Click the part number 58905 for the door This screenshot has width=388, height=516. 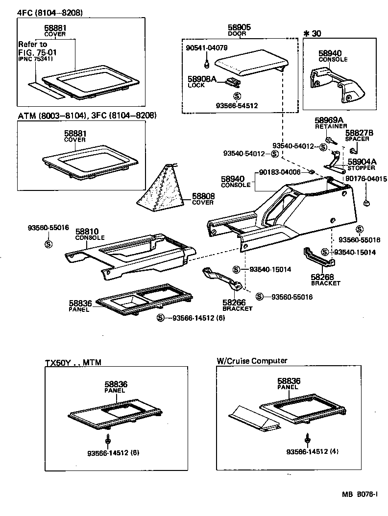239,28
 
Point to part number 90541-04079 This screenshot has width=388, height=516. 207,48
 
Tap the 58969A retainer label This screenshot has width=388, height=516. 329,120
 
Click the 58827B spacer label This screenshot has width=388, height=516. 359,133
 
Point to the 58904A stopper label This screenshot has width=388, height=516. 362,162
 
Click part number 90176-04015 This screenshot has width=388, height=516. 365,179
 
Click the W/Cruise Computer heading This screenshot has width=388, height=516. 252,361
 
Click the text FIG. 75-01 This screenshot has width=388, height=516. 34,52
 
